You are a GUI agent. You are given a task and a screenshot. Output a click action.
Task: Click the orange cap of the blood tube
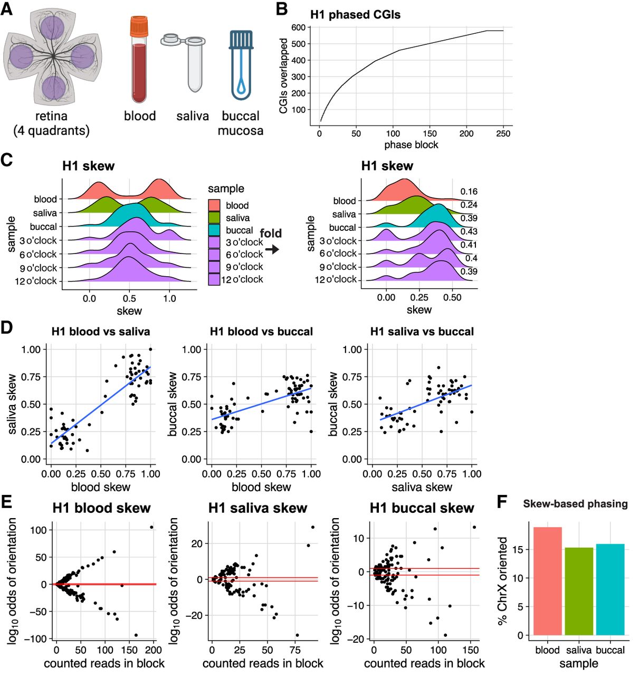coord(140,26)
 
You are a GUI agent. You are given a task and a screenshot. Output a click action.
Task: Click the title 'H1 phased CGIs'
coord(355,15)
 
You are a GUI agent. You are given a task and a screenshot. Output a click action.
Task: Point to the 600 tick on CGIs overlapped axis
coord(298,27)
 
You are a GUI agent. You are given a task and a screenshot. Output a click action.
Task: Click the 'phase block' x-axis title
coord(411,145)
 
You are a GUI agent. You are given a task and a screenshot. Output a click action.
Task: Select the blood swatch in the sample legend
coord(214,205)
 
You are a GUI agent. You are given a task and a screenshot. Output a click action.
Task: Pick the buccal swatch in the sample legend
coord(214,230)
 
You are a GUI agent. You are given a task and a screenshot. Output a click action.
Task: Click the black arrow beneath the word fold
coord(272,249)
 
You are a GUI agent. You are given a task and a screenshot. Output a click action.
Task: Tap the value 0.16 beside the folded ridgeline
coord(469,192)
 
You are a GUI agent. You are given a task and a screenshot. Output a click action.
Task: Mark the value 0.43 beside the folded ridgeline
coord(469,231)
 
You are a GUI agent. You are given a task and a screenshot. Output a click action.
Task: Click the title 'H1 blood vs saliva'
coord(101,332)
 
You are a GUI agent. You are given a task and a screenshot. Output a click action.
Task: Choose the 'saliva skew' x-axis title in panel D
coord(422,487)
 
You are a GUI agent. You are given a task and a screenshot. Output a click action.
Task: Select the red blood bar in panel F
coord(548,581)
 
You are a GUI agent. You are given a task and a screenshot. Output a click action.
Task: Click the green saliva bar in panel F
coord(579,591)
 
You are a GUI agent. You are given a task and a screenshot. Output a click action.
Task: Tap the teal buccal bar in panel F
coord(610,589)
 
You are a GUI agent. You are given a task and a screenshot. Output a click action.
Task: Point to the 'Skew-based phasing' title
coord(575,504)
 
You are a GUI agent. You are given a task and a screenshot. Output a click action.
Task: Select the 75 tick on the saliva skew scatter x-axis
coord(295,650)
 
